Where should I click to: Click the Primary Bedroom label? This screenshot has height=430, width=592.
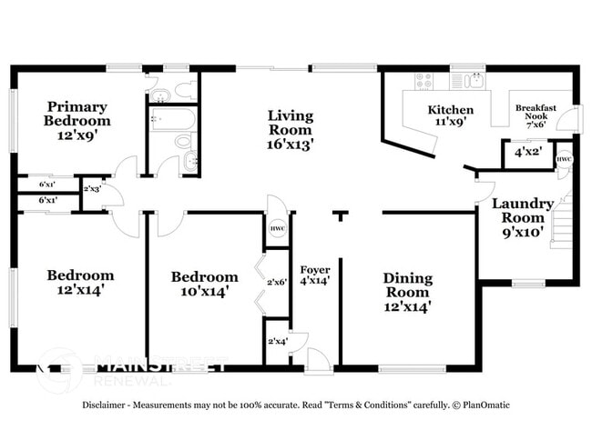(78, 119)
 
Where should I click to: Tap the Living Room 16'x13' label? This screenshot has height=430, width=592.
(291, 129)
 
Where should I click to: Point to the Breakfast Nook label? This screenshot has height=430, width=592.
(536, 114)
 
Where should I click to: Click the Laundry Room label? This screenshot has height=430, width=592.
(523, 216)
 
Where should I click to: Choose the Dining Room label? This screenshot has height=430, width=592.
(407, 292)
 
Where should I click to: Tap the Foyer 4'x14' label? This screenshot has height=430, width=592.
(315, 275)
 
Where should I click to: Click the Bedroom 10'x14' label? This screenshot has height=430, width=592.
(205, 284)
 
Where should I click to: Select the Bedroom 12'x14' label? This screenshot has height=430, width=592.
(81, 282)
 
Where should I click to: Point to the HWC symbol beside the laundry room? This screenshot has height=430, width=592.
(564, 159)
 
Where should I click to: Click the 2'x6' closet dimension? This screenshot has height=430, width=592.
(277, 282)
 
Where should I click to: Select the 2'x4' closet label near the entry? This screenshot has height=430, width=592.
(277, 342)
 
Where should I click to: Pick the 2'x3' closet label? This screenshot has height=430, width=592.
(92, 189)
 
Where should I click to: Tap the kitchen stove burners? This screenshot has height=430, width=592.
(424, 82)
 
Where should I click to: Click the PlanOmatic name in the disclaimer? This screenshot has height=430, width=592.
(485, 405)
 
